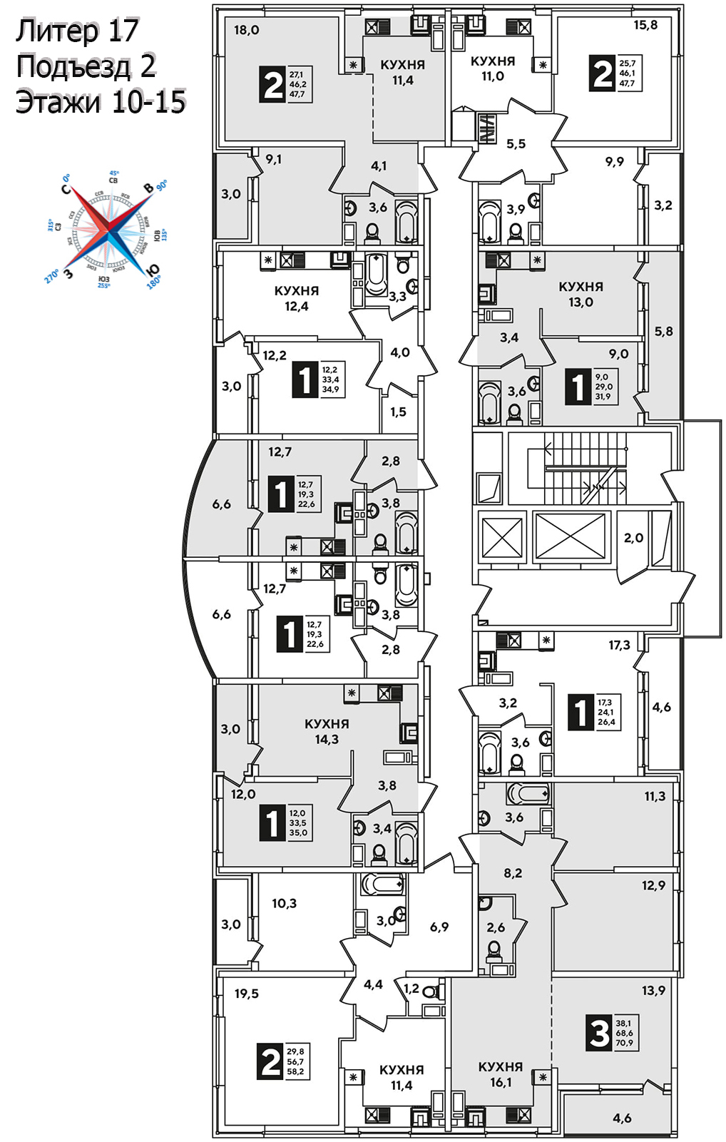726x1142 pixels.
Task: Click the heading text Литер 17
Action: point(77,31)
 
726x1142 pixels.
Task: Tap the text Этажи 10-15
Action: point(101,102)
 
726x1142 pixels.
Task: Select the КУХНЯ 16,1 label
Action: point(501,1074)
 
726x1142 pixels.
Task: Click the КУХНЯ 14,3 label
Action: point(327,732)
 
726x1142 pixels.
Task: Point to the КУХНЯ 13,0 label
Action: point(581,294)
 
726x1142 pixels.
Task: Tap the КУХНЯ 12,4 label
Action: point(297,299)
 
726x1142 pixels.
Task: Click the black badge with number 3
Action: point(598,1033)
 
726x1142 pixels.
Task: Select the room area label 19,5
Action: point(247,994)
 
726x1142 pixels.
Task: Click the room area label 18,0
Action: point(247,31)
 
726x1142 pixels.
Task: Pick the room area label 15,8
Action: point(645,25)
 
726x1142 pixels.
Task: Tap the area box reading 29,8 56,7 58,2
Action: point(296,1061)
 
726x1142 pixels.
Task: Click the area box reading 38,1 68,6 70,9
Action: point(624,1033)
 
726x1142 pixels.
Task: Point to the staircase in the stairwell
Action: point(585,468)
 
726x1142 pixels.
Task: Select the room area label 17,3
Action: point(619,645)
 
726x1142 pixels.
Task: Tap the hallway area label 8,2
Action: point(513,872)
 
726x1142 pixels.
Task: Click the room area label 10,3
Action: point(284,904)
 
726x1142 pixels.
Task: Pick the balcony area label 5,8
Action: point(663,332)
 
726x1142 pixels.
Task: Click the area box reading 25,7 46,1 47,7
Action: point(628,73)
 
